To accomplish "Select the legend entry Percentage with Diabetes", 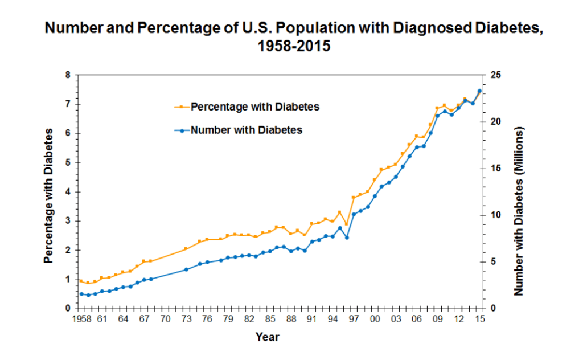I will (x=254, y=106).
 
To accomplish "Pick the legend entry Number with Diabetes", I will (x=247, y=130).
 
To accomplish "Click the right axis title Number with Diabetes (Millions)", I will (x=519, y=211).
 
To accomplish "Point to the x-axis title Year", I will (x=268, y=337).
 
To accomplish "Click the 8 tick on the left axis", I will (x=67, y=75).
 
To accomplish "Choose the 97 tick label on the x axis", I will (x=354, y=320).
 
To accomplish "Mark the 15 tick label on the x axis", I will (x=480, y=320).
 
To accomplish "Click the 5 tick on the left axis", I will (x=67, y=163).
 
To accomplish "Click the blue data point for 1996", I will (x=347, y=238).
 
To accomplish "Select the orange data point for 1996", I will (x=347, y=224).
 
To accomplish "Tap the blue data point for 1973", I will (x=186, y=269).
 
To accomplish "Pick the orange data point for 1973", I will (x=186, y=249).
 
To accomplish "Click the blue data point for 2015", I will (x=480, y=91).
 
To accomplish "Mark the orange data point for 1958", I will (x=81, y=281).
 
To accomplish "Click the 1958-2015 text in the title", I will (x=294, y=46).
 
